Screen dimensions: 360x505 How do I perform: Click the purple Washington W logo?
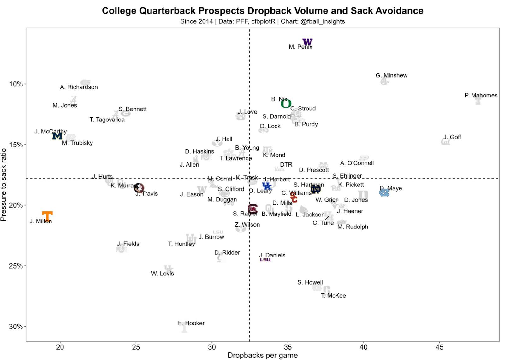point(307,42)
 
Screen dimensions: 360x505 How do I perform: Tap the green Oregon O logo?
point(286,103)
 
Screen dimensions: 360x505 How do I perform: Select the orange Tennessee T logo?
point(47,216)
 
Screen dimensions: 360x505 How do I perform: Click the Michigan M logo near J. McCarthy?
point(57,136)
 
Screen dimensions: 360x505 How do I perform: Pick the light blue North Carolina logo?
point(384,192)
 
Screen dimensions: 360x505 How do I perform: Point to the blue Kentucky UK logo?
point(267,186)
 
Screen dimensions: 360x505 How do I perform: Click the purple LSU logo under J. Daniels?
point(265,260)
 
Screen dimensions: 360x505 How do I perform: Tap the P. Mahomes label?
point(481,95)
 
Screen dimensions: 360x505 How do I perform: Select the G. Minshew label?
point(391,75)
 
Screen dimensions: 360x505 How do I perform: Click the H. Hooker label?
point(191,323)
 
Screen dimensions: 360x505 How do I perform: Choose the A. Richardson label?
point(79,87)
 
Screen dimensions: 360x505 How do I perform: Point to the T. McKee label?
point(333,296)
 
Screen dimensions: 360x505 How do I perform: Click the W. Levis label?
point(162,274)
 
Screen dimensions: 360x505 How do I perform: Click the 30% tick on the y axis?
point(16,327)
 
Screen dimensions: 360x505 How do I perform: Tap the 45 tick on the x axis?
point(439,347)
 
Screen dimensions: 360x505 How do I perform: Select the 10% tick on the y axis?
point(16,84)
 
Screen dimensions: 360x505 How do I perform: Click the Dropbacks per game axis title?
point(262,355)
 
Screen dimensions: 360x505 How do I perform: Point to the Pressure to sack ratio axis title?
point(3,185)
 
